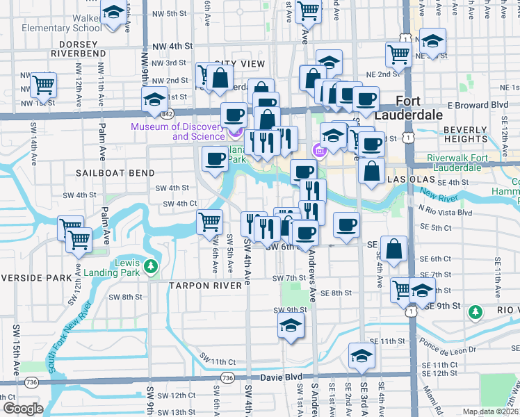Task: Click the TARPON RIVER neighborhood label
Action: tap(202, 285)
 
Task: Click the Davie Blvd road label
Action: tap(282, 377)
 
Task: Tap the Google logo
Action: tap(23, 409)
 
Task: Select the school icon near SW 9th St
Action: tap(291, 325)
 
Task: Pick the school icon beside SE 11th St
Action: tap(361, 357)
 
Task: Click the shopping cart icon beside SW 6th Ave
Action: tap(210, 223)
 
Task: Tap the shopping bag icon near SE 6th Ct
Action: tap(394, 251)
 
